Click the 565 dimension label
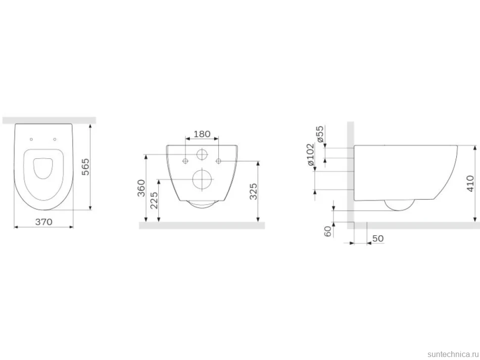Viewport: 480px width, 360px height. (x=86, y=167)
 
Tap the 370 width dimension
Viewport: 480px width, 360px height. (x=44, y=222)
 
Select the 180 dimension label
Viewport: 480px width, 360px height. (x=202, y=134)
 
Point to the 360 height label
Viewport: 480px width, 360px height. (x=141, y=188)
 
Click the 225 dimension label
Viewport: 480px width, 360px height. (x=154, y=200)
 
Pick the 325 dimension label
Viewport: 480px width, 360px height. (x=253, y=191)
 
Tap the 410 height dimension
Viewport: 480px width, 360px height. (x=470, y=183)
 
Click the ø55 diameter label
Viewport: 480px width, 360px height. (x=320, y=134)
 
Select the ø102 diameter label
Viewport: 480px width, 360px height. (x=310, y=155)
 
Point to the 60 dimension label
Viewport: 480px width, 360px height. (x=328, y=231)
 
